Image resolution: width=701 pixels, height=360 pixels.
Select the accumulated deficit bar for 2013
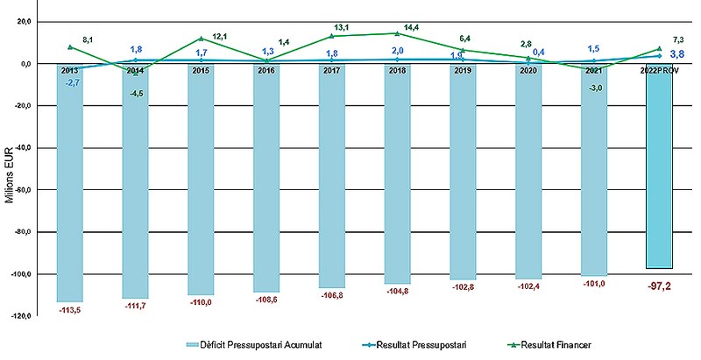coord(69,184)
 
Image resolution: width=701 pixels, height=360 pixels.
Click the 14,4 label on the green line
coord(411,26)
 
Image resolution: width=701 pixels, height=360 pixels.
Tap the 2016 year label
coord(266,69)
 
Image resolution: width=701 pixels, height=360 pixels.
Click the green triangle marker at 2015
coord(202,39)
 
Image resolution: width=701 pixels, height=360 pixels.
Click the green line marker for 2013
coord(70,46)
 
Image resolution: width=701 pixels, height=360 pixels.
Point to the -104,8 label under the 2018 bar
coord(399,291)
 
